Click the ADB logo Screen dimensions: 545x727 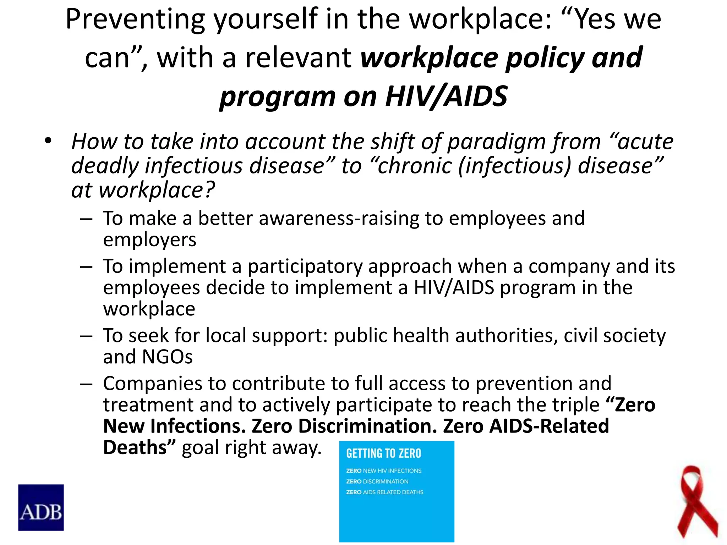point(41,507)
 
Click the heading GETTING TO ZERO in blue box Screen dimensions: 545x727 point(383,453)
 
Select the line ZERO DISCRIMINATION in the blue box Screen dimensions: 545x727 point(377,481)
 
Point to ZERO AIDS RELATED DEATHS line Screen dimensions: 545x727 point(384,492)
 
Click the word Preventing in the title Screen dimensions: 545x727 point(135,20)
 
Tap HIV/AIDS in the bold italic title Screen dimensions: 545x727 point(446,96)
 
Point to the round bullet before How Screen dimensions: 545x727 point(48,141)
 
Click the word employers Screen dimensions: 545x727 point(149,240)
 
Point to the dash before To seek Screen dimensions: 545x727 point(86,336)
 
